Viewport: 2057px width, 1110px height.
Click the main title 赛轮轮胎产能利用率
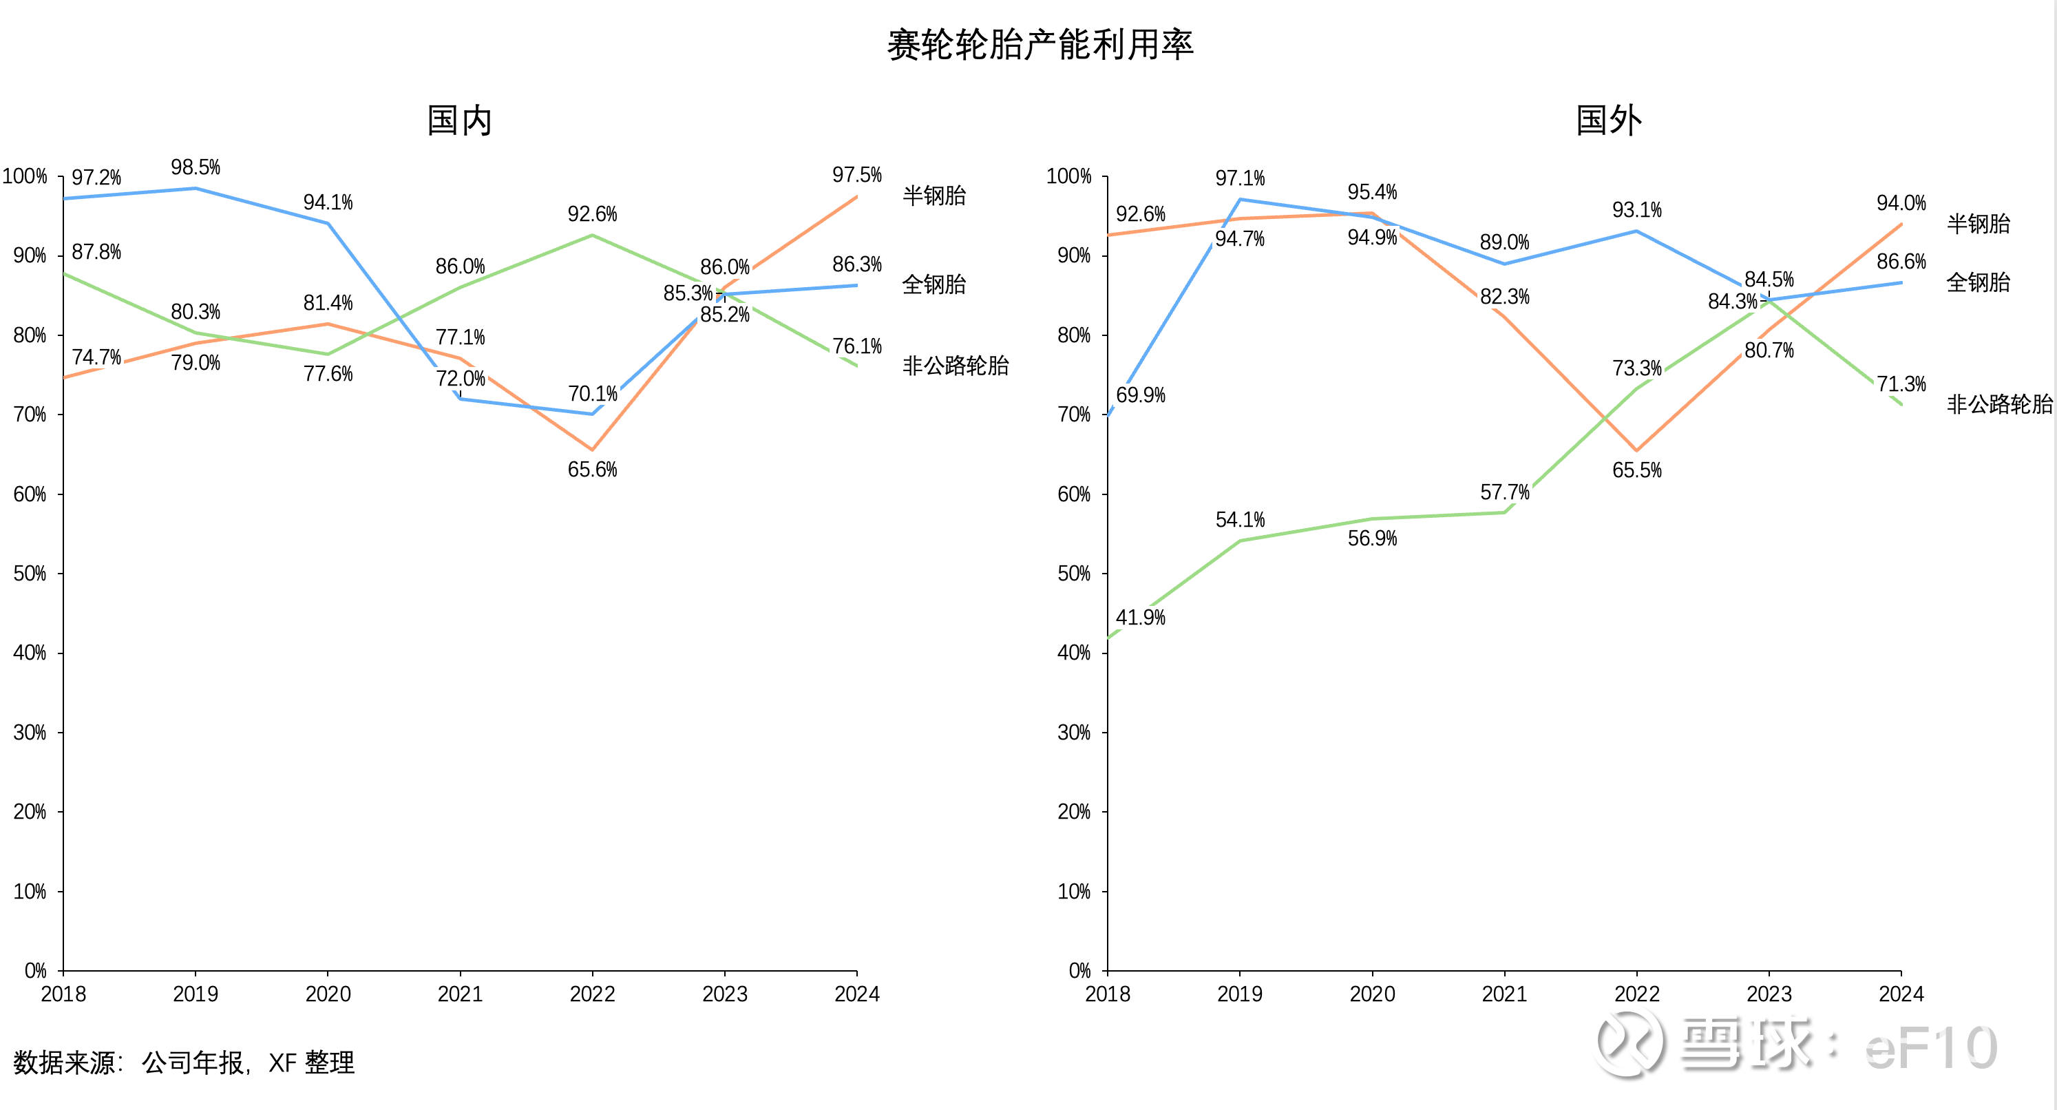click(x=1040, y=45)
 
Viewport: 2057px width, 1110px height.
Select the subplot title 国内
click(x=459, y=121)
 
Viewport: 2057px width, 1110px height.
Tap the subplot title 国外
click(x=1608, y=121)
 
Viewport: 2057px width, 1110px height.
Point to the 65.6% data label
click(x=593, y=470)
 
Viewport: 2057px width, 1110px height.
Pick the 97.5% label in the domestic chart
click(x=857, y=175)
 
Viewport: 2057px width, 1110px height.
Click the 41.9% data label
click(x=1140, y=617)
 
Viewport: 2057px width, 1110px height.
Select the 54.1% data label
click(x=1240, y=520)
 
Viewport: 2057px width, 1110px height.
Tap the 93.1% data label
click(x=1637, y=210)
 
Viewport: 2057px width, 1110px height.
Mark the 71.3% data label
click(x=1901, y=384)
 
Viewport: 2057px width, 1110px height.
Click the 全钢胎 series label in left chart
click(x=934, y=284)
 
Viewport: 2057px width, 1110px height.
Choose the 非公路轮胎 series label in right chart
click(x=1999, y=404)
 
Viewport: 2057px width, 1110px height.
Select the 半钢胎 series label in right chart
click(x=1978, y=224)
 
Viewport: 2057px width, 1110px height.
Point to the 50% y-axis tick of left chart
click(x=30, y=574)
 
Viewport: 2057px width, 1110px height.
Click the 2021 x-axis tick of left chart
click(x=460, y=994)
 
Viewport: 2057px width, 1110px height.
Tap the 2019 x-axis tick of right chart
click(x=1239, y=994)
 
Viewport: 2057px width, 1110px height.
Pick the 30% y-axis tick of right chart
click(x=1074, y=732)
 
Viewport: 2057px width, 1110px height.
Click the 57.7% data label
click(x=1504, y=492)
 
